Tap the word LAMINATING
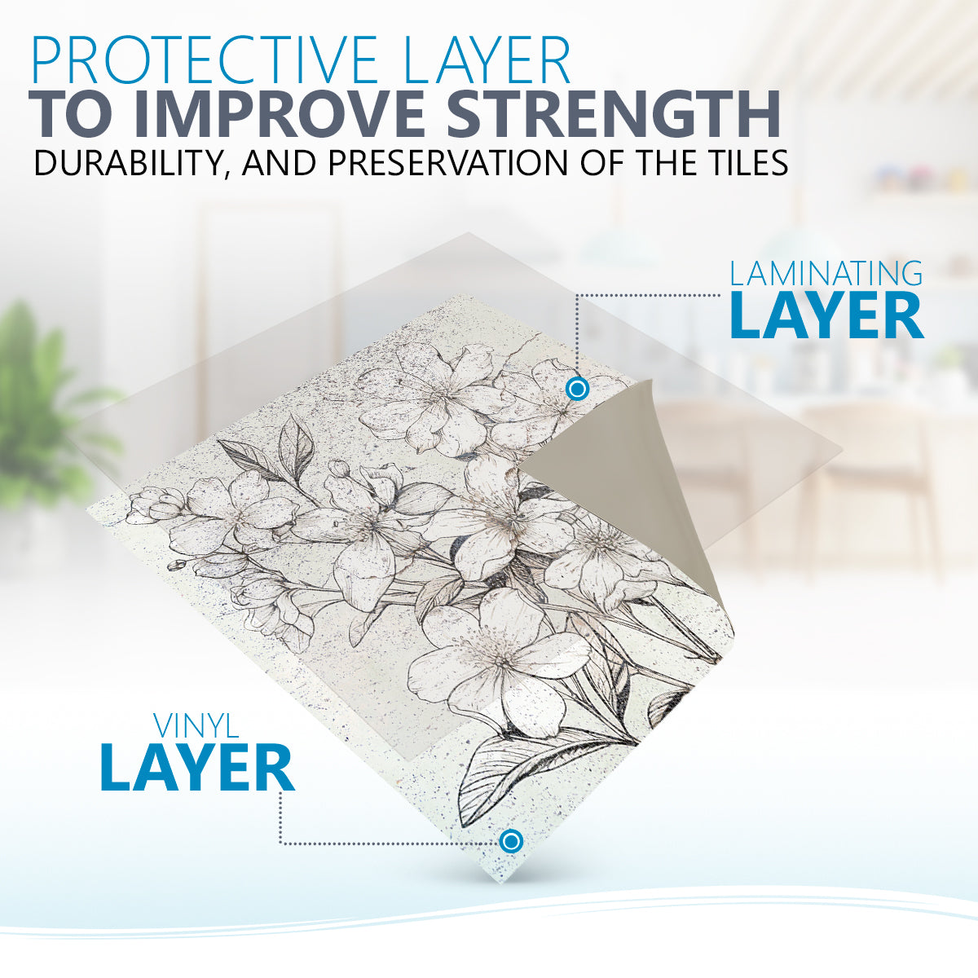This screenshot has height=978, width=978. (x=826, y=274)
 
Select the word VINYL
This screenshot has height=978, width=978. (x=196, y=726)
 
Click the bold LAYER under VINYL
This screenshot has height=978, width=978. (x=197, y=768)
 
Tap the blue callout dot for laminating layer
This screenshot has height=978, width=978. (x=576, y=390)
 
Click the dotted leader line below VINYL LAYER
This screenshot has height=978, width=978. (x=355, y=844)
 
